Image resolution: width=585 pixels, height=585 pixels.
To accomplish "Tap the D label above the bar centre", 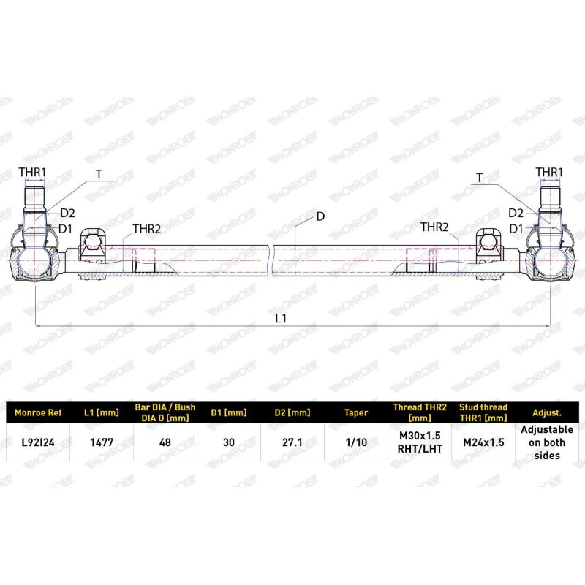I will pos(320,216).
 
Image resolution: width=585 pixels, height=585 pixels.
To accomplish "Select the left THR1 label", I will pos(32,173).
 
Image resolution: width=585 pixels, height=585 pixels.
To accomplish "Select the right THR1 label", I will pos(549,172).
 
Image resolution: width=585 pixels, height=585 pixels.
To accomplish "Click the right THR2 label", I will pos(434,228).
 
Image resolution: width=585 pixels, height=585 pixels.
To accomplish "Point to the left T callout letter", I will pos(98,174).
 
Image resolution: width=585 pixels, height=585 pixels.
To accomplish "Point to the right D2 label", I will pos(516,213).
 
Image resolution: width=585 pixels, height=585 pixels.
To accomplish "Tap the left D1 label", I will pos(66,228).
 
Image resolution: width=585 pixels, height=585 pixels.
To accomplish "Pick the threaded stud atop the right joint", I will pos(550,199).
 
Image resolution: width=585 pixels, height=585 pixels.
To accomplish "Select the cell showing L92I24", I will pos(38,442).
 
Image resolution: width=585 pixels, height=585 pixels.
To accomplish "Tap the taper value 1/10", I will pos(355,442).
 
